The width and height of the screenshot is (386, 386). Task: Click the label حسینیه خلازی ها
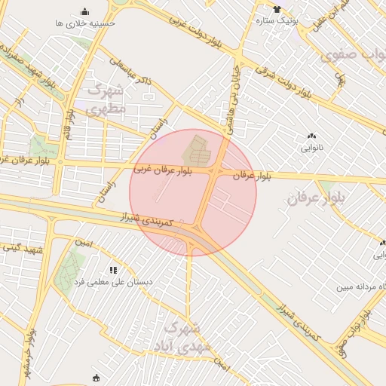tap(84, 23)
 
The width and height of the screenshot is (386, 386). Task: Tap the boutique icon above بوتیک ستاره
tap(277, 10)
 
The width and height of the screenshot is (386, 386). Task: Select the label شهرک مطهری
tap(107, 99)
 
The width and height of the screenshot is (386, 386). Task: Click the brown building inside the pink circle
tap(198, 151)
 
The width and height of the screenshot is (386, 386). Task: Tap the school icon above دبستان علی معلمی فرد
tap(113, 269)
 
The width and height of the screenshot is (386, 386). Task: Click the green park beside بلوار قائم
tap(39, 146)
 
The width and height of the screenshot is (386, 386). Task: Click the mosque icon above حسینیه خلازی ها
tap(84, 11)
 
